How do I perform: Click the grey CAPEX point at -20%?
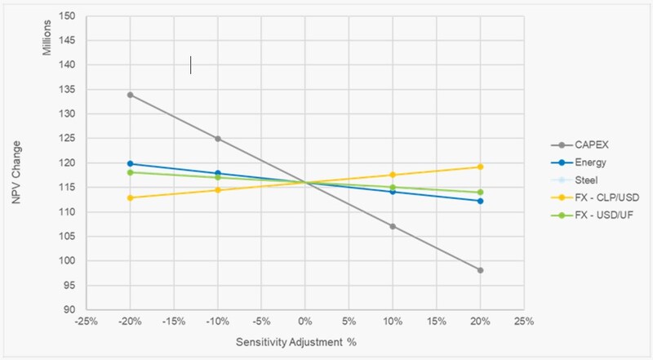click(x=130, y=95)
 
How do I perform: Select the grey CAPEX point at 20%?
click(x=480, y=269)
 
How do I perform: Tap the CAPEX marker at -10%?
click(x=218, y=139)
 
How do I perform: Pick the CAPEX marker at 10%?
click(x=393, y=226)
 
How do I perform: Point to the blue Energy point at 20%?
click(x=480, y=201)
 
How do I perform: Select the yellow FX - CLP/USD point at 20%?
click(x=480, y=167)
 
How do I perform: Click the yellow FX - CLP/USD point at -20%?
click(x=130, y=198)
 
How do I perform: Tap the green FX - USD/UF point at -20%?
click(x=130, y=172)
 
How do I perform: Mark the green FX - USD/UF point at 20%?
click(x=480, y=192)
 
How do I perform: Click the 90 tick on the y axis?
click(x=70, y=310)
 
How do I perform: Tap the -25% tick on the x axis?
click(x=86, y=322)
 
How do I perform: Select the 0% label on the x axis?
click(x=305, y=322)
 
